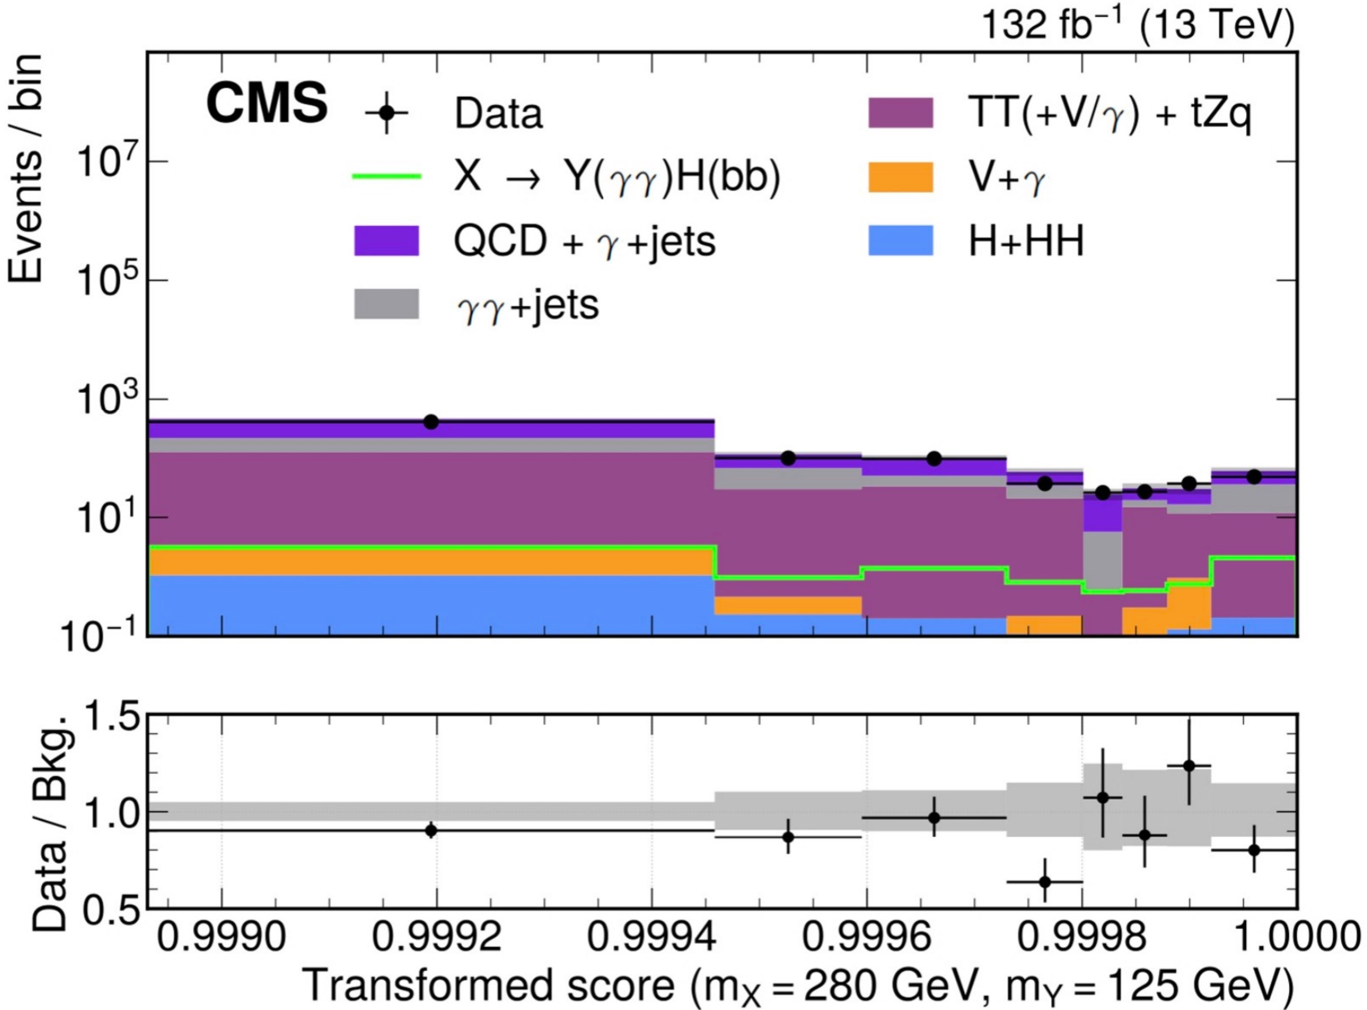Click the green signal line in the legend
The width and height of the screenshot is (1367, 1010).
(x=386, y=177)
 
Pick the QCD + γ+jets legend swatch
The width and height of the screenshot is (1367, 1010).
(x=386, y=240)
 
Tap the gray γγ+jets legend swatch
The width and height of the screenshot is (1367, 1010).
(x=386, y=304)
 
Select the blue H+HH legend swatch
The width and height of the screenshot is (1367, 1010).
(x=901, y=240)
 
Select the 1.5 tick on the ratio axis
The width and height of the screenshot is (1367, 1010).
(x=110, y=717)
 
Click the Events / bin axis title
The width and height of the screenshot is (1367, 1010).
(x=26, y=168)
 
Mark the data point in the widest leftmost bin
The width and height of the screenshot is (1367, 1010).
(x=431, y=422)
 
